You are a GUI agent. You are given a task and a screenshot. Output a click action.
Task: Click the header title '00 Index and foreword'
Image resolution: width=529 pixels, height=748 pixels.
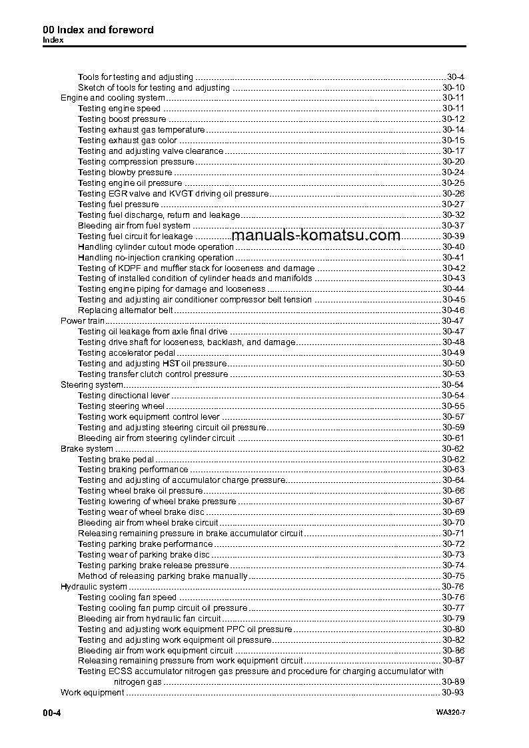coord(98,30)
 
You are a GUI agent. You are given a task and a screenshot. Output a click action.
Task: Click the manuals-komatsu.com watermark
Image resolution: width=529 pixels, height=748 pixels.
coord(316,235)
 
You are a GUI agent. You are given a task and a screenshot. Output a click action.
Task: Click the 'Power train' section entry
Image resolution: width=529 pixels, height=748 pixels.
coord(78,321)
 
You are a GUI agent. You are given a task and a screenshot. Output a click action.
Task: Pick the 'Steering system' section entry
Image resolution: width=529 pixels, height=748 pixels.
coord(92,385)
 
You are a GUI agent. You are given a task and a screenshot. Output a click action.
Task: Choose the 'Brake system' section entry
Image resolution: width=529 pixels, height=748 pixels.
coord(87,449)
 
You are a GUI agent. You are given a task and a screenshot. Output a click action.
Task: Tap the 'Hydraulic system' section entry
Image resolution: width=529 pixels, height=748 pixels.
coord(94,587)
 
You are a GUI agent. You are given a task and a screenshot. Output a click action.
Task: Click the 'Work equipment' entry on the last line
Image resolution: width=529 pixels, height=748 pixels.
coord(92,693)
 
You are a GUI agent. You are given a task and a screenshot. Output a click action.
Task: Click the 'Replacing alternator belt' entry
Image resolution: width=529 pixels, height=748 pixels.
coord(125,310)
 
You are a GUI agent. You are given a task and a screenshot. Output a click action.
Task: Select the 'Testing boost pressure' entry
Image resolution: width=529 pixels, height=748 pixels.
coord(122,119)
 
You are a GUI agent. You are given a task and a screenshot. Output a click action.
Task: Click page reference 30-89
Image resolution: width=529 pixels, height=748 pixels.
coord(453,682)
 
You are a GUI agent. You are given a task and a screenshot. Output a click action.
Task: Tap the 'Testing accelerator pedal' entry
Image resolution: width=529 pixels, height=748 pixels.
coord(127,353)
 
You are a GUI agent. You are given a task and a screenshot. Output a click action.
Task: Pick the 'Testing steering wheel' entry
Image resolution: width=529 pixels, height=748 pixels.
coord(121,406)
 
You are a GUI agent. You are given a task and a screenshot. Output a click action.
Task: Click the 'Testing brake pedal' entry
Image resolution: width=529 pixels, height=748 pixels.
coord(116,460)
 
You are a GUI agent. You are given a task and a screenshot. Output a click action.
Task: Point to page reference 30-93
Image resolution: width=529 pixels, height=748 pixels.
coord(453,693)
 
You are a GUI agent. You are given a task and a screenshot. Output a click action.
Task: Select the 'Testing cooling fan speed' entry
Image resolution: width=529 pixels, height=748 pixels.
coord(127,597)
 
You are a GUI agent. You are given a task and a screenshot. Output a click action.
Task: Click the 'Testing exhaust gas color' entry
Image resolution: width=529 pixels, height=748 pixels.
coord(127,141)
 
